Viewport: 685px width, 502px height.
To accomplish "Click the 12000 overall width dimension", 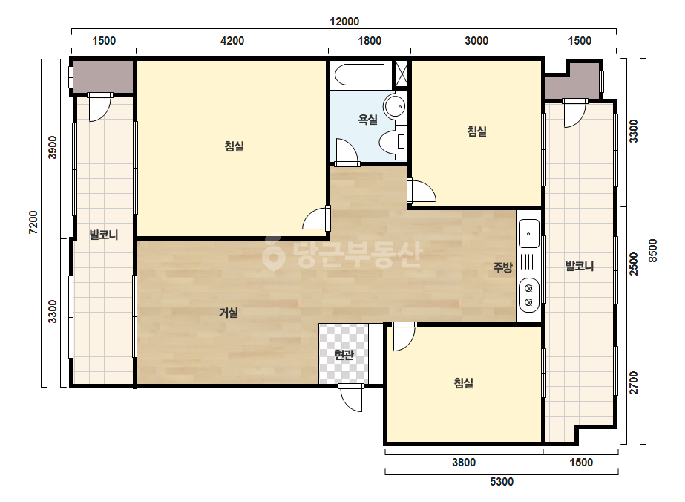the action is pyautogui.click(x=344, y=21).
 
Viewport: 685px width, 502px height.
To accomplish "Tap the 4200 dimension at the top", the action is pyautogui.click(x=232, y=41).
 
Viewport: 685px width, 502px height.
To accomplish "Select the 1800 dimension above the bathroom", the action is pyautogui.click(x=370, y=41).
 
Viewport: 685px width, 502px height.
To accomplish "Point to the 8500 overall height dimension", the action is pyautogui.click(x=652, y=250).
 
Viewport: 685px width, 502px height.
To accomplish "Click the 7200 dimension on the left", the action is pyautogui.click(x=33, y=222).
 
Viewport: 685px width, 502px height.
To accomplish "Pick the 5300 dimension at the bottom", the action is pyautogui.click(x=502, y=482).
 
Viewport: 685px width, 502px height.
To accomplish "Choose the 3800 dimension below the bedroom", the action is pyautogui.click(x=464, y=462).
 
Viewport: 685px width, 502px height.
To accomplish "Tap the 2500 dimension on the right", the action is pyautogui.click(x=634, y=264).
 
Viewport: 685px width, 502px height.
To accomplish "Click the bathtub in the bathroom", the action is pyautogui.click(x=359, y=74).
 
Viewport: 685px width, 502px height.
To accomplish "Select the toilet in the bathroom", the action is pyautogui.click(x=393, y=141).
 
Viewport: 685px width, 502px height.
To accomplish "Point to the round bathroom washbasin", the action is pyautogui.click(x=395, y=106).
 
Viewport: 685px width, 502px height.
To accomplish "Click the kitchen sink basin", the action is pyautogui.click(x=529, y=233).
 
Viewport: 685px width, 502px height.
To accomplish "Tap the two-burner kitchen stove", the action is pyautogui.click(x=528, y=295).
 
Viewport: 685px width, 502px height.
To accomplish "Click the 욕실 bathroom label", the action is pyautogui.click(x=368, y=119).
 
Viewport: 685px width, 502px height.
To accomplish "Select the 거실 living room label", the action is pyautogui.click(x=229, y=312).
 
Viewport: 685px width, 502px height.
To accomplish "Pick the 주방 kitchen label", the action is pyautogui.click(x=502, y=267).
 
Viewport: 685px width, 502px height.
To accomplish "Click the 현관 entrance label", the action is pyautogui.click(x=344, y=355).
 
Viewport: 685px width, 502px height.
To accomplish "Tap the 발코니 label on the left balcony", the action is pyautogui.click(x=104, y=235).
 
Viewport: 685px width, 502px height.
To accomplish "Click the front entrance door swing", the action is pyautogui.click(x=351, y=398).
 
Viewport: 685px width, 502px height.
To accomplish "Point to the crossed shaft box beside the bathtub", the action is pyautogui.click(x=401, y=74).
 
